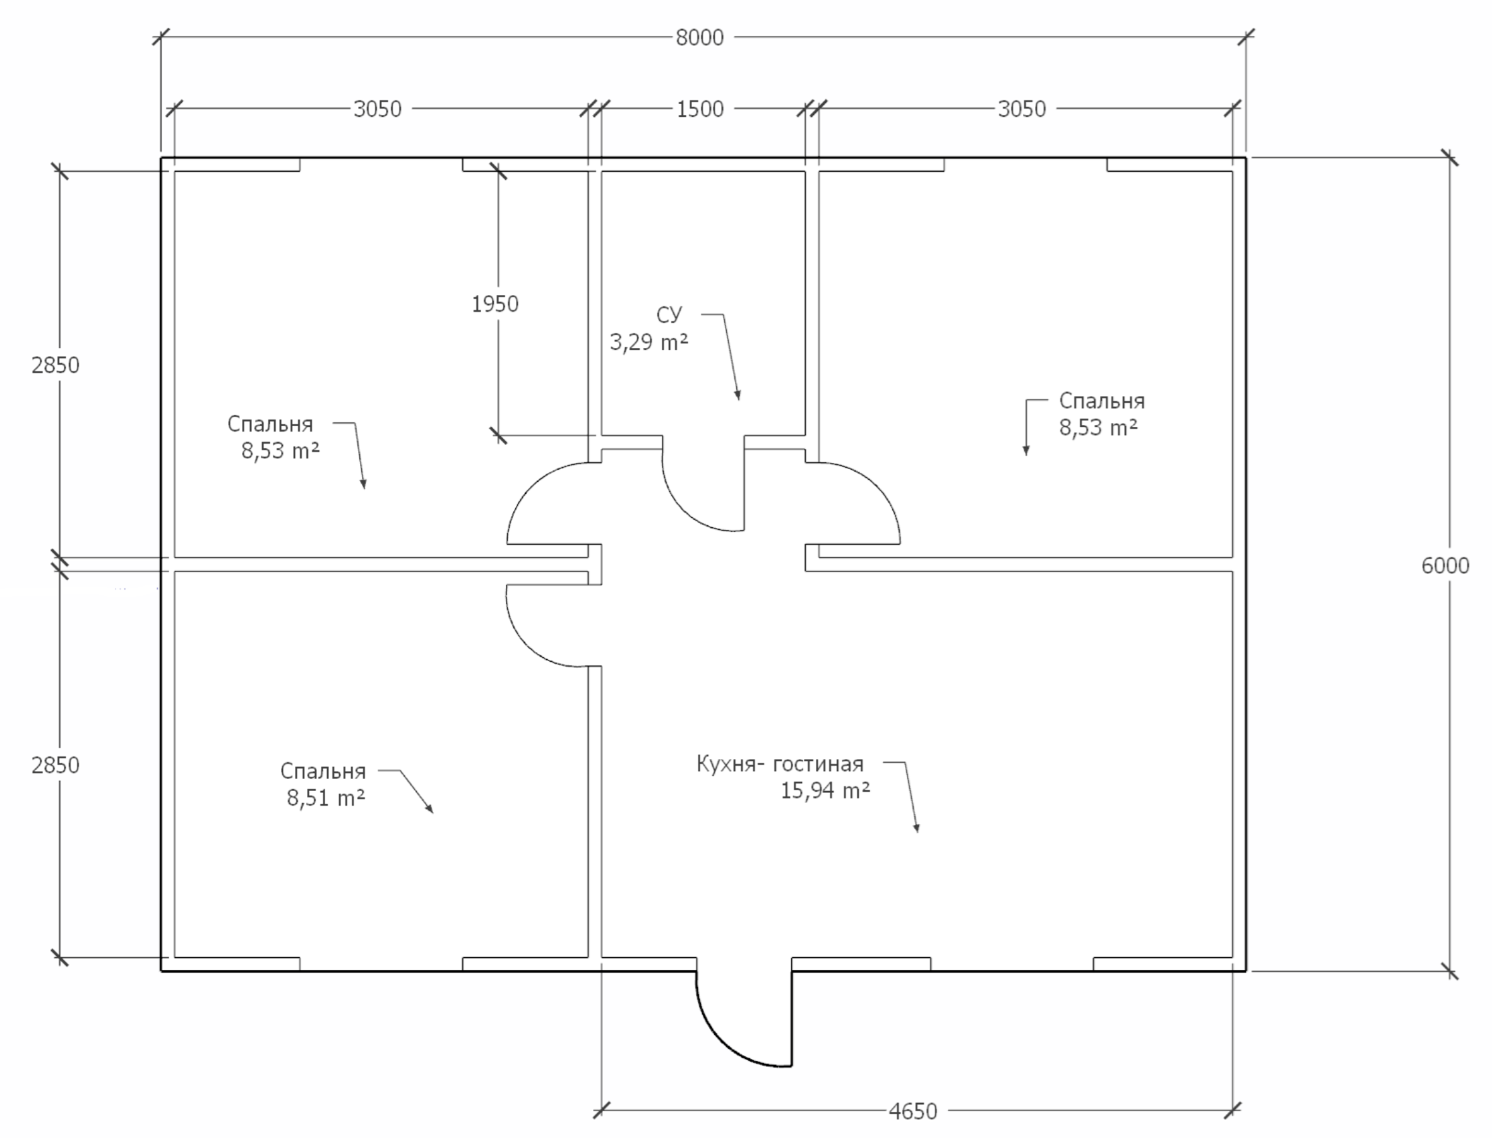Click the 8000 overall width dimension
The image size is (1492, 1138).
[x=699, y=37]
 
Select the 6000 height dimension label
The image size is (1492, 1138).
[x=1445, y=565]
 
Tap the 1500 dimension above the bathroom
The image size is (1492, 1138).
[x=700, y=109]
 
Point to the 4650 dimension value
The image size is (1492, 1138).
[x=913, y=1111]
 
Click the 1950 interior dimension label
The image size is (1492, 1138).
[x=495, y=304]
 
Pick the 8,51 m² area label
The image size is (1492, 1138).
[x=326, y=797]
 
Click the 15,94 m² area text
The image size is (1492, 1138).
[x=825, y=790]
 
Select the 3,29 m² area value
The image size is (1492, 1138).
[x=648, y=341]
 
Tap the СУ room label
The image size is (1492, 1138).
[x=668, y=315]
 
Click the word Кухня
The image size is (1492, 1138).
[x=727, y=764]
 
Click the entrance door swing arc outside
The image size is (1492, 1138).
[x=725, y=1038]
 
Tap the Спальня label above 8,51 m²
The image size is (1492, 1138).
[x=323, y=770]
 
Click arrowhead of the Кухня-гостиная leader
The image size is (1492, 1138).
[x=917, y=827]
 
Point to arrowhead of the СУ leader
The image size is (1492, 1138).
[x=738, y=395]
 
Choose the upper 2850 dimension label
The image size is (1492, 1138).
[x=55, y=365]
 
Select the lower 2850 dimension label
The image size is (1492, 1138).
[x=55, y=765]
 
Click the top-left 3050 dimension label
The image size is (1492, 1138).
[x=377, y=109]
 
